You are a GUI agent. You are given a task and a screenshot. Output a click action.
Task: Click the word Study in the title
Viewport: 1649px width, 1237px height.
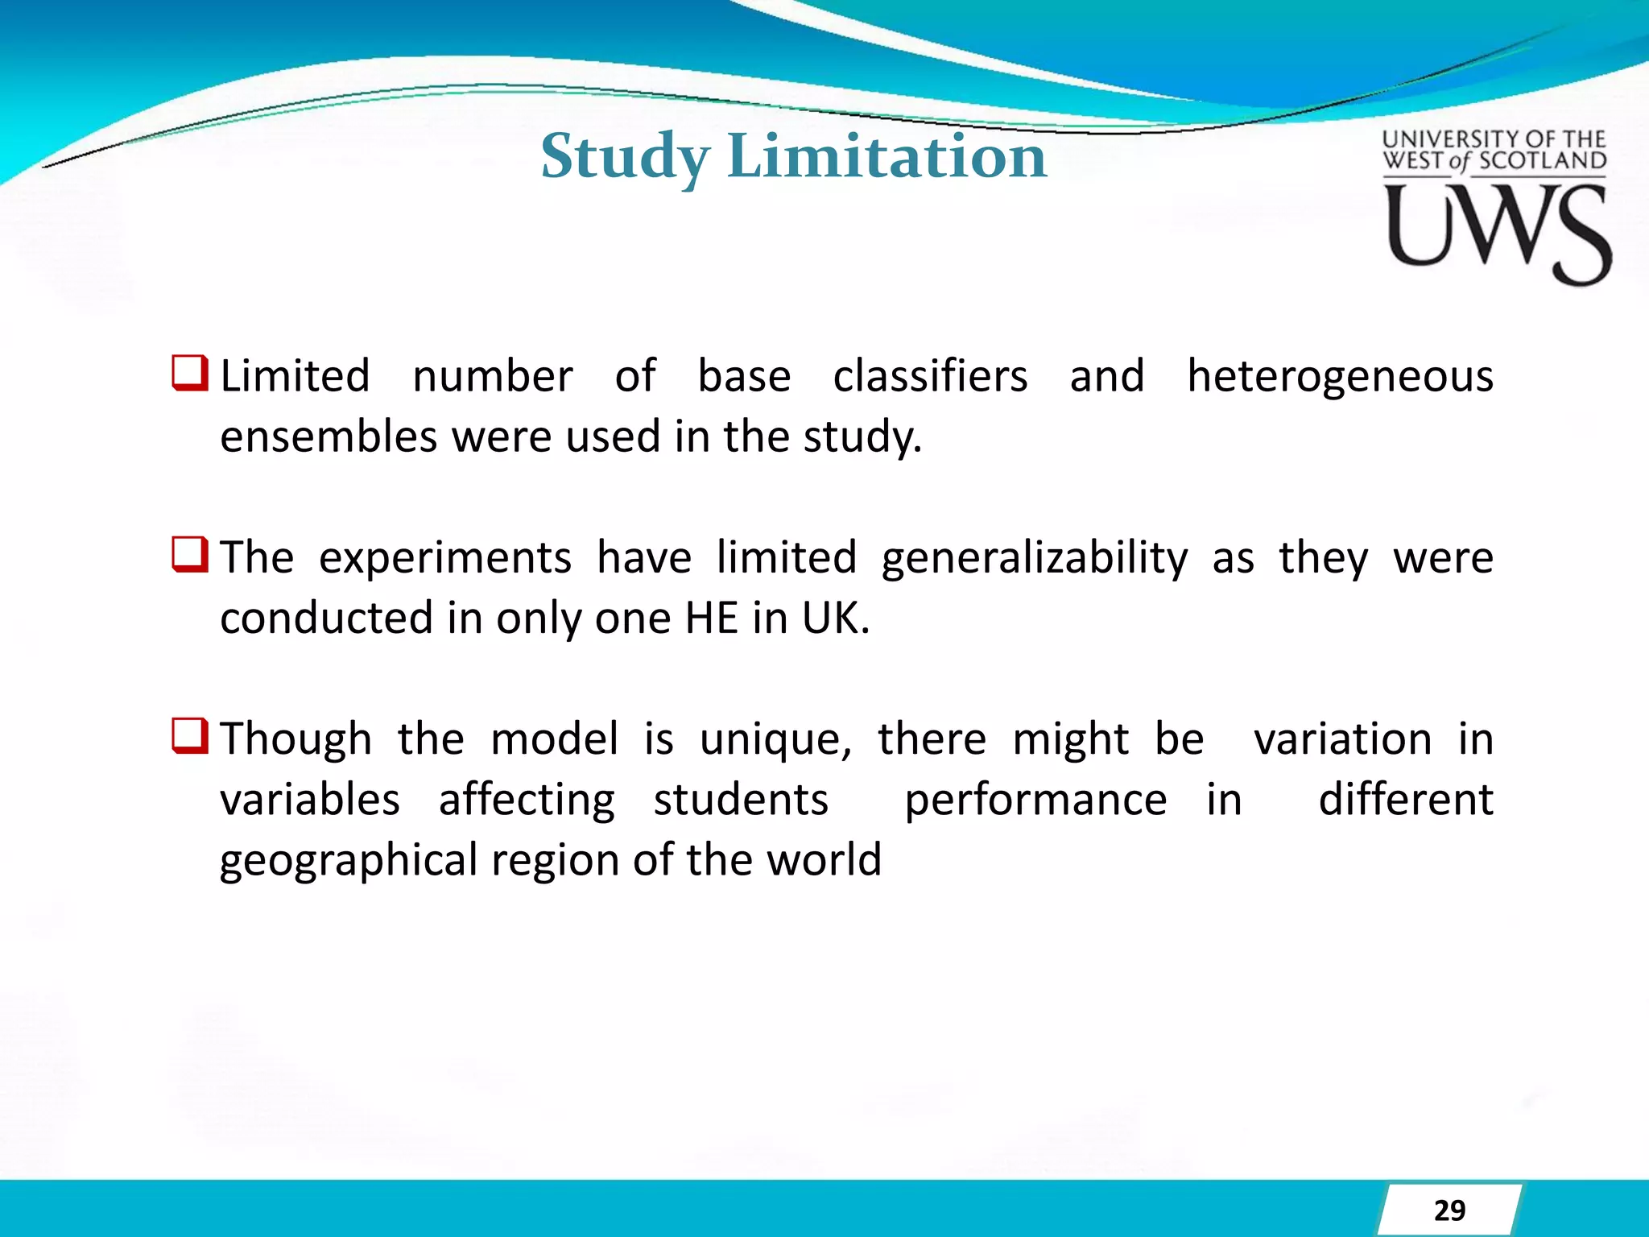pos(625,156)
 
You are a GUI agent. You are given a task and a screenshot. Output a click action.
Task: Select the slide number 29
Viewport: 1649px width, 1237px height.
pos(1449,1210)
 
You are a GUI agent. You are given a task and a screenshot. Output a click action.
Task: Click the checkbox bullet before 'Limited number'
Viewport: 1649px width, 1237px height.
pos(190,374)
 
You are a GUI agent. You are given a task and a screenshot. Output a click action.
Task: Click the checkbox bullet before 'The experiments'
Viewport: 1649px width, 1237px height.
pos(190,555)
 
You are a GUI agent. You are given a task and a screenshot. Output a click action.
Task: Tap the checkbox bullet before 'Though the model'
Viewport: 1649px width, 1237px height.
pos(190,736)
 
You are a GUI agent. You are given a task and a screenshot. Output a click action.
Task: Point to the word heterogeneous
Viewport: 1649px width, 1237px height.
pos(1340,377)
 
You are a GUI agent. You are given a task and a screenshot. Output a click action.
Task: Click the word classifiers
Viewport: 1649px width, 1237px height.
pos(930,377)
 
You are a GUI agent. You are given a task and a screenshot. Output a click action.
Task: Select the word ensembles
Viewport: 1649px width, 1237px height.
pos(328,437)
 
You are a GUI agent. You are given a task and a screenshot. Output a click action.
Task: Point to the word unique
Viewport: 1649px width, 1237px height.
pos(774,740)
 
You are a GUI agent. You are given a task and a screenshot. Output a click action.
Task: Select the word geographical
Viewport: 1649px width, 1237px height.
pos(349,861)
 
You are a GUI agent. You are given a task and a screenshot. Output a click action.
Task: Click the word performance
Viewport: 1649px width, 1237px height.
pos(1035,801)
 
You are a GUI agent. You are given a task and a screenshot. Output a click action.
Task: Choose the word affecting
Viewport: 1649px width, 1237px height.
pos(527,801)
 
